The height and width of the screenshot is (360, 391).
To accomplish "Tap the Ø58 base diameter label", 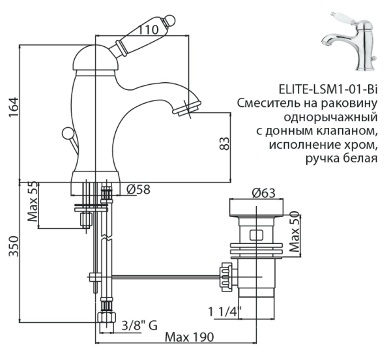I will click(x=139, y=189).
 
